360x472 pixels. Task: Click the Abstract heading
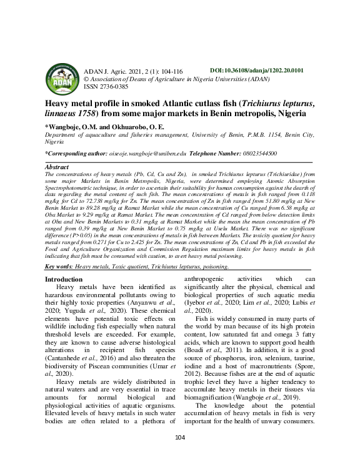pos(57,168)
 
